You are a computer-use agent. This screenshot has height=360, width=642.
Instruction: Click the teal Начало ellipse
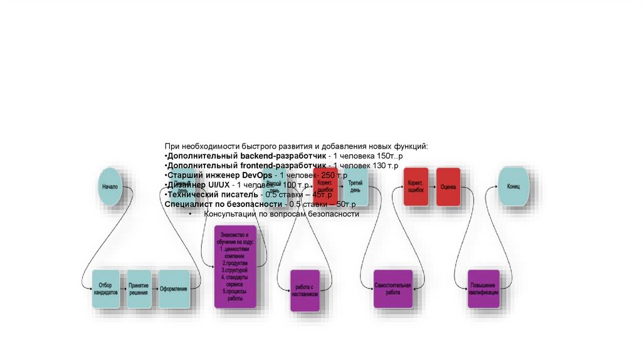[110, 186]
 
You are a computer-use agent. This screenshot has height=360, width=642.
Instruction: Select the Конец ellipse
[513, 186]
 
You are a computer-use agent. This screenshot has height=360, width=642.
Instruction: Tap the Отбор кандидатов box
[105, 289]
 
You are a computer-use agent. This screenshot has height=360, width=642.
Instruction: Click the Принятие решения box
[139, 289]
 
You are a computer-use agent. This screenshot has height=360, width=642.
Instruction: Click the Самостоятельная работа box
[392, 289]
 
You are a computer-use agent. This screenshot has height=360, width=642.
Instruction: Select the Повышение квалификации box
[483, 289]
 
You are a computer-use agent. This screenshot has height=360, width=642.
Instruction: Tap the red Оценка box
[448, 186]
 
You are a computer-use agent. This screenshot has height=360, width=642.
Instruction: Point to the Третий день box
[355, 186]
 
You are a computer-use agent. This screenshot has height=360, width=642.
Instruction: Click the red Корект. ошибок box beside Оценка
[416, 186]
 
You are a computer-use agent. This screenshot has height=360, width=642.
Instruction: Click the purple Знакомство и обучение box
[235, 267]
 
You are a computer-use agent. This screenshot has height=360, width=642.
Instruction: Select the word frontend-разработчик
[286, 165]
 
